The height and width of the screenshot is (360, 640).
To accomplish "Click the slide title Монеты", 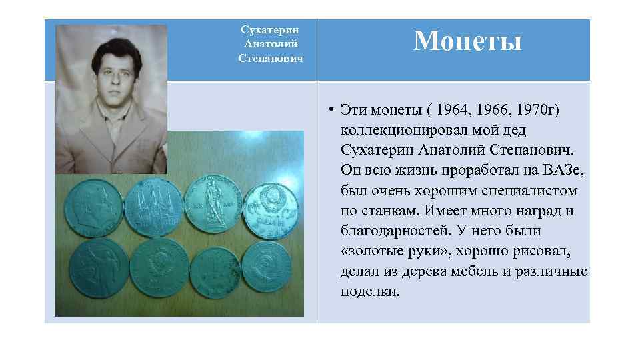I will [x=467, y=41].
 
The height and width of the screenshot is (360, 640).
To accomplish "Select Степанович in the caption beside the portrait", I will [x=270, y=59].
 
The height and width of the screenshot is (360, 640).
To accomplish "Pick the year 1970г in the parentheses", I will [x=525, y=109].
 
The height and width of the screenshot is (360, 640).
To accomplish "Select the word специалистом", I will [x=525, y=191].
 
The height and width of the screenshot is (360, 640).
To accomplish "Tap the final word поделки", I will [x=370, y=293].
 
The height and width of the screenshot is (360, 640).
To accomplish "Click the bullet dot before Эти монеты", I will [x=331, y=109].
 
